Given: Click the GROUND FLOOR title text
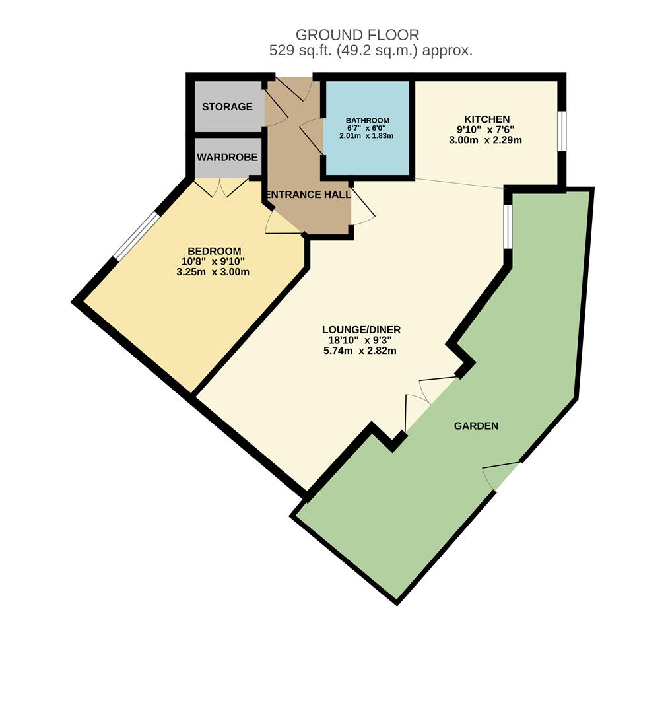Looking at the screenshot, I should pyautogui.click(x=357, y=35).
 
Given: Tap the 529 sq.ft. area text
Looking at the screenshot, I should pyautogui.click(x=370, y=51).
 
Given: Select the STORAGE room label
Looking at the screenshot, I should pyautogui.click(x=227, y=106).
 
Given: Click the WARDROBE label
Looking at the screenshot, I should pyautogui.click(x=227, y=158).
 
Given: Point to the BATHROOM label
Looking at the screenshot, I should pyautogui.click(x=368, y=120).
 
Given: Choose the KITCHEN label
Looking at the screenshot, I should pyautogui.click(x=487, y=119).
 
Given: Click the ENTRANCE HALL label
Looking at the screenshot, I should pyautogui.click(x=308, y=195).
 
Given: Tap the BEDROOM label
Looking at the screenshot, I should pyautogui.click(x=215, y=251).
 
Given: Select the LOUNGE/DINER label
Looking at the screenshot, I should pyautogui.click(x=361, y=329).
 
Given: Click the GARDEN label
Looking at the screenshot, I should pyautogui.click(x=476, y=426).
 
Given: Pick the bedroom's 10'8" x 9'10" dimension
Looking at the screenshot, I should pyautogui.click(x=214, y=261).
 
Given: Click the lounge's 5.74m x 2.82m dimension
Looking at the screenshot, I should pyautogui.click(x=361, y=351).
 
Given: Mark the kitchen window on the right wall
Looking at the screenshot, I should pyautogui.click(x=561, y=131).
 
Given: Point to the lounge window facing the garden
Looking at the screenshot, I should pyautogui.click(x=507, y=226).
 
